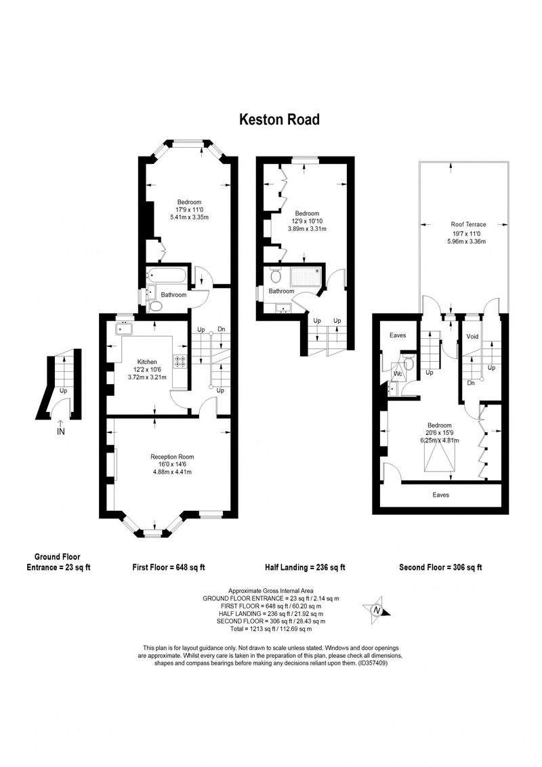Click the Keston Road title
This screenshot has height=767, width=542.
click(279, 119)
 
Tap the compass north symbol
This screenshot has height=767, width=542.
click(377, 610)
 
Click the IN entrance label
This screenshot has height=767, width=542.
click(61, 432)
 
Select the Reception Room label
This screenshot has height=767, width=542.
click(172, 457)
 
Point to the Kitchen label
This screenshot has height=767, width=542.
click(147, 362)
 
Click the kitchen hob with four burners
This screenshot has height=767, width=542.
click(180, 361)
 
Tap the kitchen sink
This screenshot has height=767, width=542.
click(124, 328)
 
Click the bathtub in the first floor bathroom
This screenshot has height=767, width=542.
click(166, 275)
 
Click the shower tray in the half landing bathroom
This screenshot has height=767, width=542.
click(306, 276)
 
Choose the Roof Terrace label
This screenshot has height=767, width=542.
click(469, 224)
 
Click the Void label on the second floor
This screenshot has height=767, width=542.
click(472, 337)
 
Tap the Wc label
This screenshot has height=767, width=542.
click(398, 374)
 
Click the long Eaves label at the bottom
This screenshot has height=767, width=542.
click(441, 495)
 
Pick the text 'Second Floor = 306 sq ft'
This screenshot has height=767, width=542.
click(441, 567)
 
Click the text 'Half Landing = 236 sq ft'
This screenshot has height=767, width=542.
click(306, 567)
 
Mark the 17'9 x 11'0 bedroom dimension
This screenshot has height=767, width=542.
click(189, 210)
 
